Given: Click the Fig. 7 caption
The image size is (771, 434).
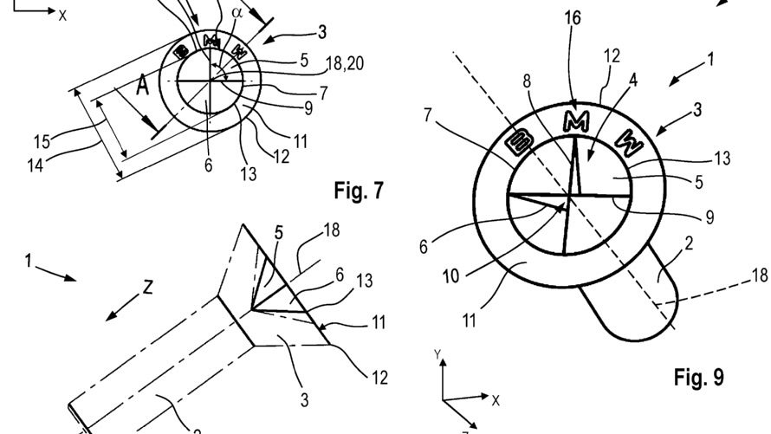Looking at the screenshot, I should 358,190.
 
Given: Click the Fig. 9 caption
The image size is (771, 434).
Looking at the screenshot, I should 697,377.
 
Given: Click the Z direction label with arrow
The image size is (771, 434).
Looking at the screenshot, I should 146,288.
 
